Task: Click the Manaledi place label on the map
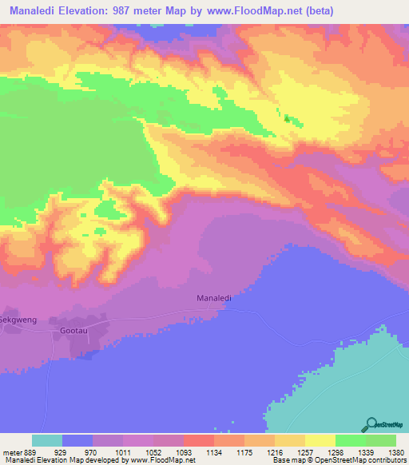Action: pyautogui.click(x=213, y=298)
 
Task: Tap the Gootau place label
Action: pyautogui.click(x=71, y=329)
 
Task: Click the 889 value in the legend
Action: pyautogui.click(x=30, y=451)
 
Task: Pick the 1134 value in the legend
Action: pyautogui.click(x=214, y=451)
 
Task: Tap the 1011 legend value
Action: pyautogui.click(x=123, y=451)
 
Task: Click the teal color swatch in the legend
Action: pyautogui.click(x=47, y=440)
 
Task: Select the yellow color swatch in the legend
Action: pyautogui.click(x=320, y=440)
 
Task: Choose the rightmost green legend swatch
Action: pyautogui.click(x=381, y=440)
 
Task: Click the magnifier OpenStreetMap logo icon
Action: pyautogui.click(x=371, y=424)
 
